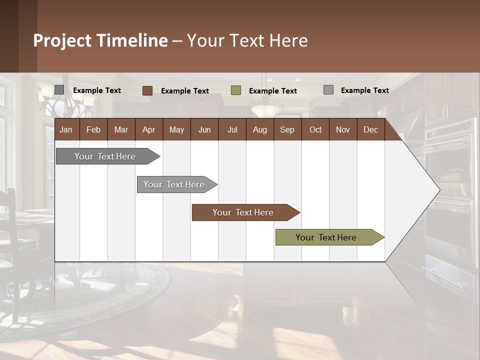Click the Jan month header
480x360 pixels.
tap(66, 129)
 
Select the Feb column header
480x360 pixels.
tap(93, 129)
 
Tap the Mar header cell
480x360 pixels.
tap(121, 129)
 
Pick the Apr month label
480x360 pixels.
tap(148, 129)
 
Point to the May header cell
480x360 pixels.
tap(176, 129)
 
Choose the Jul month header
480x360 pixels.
tap(232, 129)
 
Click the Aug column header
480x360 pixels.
tap(259, 129)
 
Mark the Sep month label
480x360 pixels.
tap(287, 129)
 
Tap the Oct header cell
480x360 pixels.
tap(315, 129)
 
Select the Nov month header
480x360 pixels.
tap(343, 129)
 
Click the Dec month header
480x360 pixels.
tap(370, 129)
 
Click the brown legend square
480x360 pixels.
tap(147, 90)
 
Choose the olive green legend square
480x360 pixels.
tap(236, 90)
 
